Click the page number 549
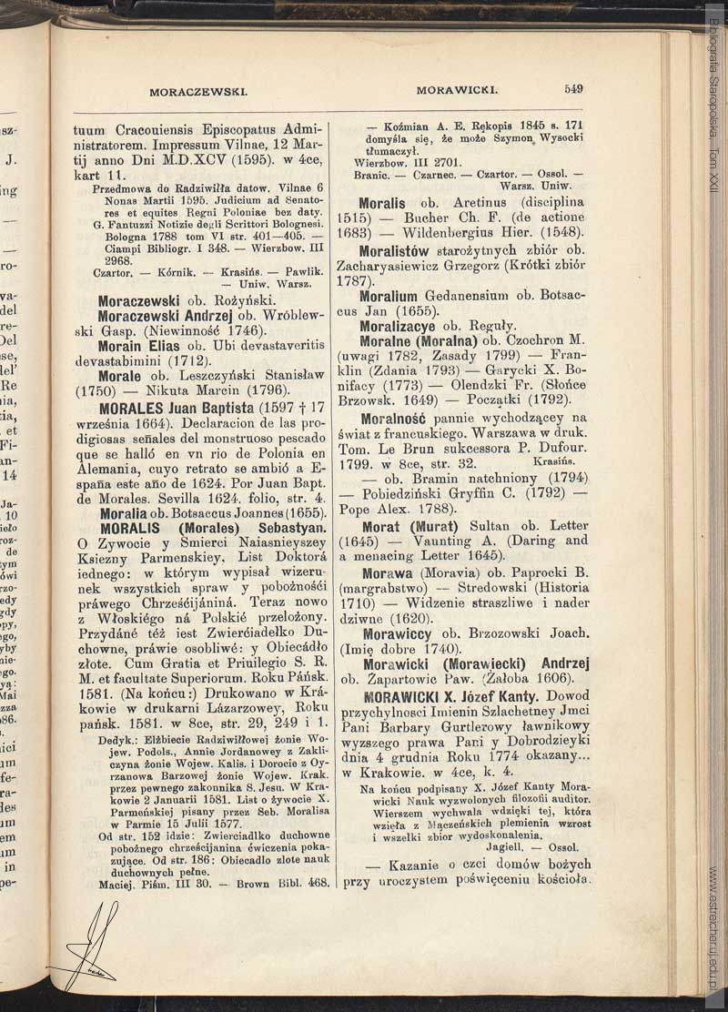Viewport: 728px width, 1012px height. [x=573, y=89]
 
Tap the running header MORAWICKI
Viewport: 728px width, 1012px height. [x=456, y=90]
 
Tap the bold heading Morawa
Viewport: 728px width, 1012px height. [x=387, y=572]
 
